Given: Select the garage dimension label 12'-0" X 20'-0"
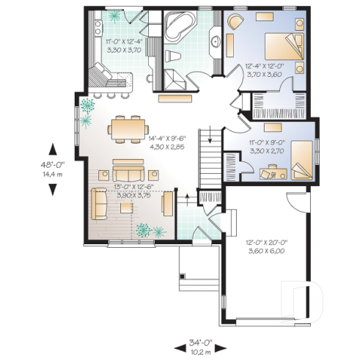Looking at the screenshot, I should [265, 248].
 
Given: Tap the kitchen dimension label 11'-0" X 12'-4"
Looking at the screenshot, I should [121, 47].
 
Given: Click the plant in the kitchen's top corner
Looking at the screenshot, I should [114, 15].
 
